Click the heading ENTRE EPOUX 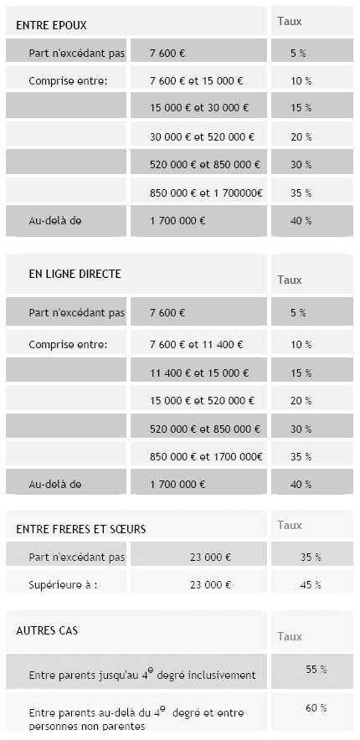click(x=51, y=26)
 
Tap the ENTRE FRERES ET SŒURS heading click(x=80, y=529)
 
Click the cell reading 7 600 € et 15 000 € click(x=196, y=81)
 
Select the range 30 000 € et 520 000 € click(x=201, y=136)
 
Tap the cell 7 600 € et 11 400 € click(x=196, y=344)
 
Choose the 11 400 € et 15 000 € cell click(x=196, y=373)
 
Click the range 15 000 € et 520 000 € click(x=201, y=401)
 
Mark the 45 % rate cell click(x=311, y=584)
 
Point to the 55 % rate click(x=316, y=669)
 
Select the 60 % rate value click(x=316, y=708)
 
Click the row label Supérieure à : click(x=63, y=584)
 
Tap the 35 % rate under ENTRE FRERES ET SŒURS click(x=311, y=557)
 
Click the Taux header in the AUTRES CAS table click(x=290, y=636)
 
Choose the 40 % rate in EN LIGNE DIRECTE click(x=301, y=484)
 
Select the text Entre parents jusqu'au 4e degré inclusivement click(x=142, y=674)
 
